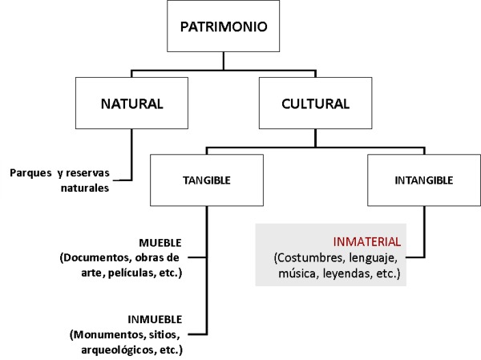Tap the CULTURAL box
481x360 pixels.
(315, 103)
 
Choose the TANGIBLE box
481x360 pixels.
(207, 181)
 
